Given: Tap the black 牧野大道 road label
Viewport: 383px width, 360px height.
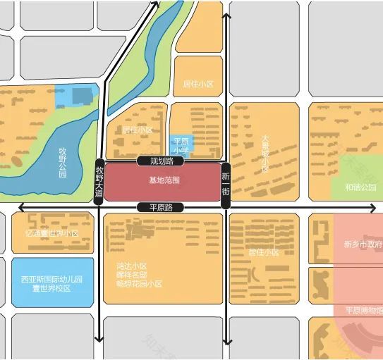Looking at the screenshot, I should point(99,181).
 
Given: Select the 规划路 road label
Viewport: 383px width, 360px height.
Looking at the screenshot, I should point(162,161).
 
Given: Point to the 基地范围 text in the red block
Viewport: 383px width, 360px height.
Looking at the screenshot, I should point(164,180).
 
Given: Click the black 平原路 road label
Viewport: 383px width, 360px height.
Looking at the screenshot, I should point(162,207).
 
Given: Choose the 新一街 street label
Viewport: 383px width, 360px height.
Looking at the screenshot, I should point(226,183).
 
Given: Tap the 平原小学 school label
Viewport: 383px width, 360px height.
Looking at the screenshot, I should point(181,146).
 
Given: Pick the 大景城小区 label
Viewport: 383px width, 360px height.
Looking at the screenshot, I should point(265,154).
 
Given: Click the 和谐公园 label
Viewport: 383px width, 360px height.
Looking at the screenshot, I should point(360,187).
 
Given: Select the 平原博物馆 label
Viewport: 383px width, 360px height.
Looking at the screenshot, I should point(364,311).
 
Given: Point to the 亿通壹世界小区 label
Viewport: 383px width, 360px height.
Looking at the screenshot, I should point(52,233).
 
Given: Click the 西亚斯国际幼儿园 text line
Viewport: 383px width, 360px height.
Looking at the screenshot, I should point(52,279).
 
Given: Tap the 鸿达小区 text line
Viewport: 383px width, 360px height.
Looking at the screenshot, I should point(131,266).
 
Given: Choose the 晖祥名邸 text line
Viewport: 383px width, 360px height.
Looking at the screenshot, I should point(131,275).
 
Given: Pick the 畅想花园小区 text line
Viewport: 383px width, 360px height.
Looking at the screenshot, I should point(139,284).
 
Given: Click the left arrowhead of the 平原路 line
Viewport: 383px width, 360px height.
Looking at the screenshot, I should point(21,207).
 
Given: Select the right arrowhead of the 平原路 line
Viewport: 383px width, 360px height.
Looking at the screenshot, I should point(378,207).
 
